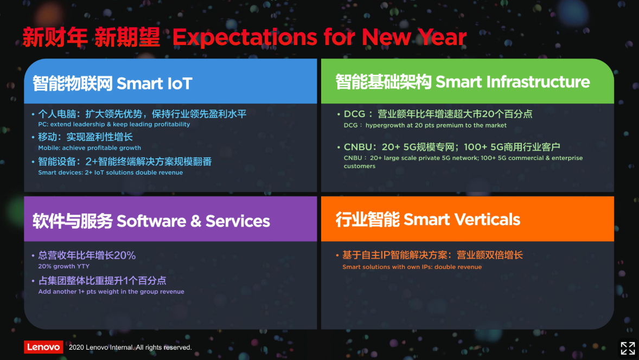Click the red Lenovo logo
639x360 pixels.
pyautogui.click(x=43, y=347)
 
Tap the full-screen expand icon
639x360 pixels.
pyautogui.click(x=628, y=348)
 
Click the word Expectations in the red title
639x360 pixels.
pyautogui.click(x=245, y=37)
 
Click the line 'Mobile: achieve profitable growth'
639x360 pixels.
pyautogui.click(x=90, y=148)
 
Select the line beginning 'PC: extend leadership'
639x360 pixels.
pyautogui.click(x=114, y=124)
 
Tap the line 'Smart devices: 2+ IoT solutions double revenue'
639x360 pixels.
pyautogui.click(x=111, y=172)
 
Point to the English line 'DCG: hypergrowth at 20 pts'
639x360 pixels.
pyautogui.click(x=425, y=125)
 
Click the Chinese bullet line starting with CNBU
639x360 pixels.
pyautogui.click(x=452, y=147)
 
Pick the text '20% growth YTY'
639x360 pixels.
pyautogui.click(x=64, y=266)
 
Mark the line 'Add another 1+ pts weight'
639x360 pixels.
pyautogui.click(x=111, y=292)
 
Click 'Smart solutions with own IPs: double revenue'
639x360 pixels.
pyautogui.click(x=412, y=267)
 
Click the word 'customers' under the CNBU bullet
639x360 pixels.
pyautogui.click(x=360, y=166)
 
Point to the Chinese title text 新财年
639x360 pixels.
pyautogui.click(x=55, y=37)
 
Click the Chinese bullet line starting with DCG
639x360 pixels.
pyautogui.click(x=438, y=114)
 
